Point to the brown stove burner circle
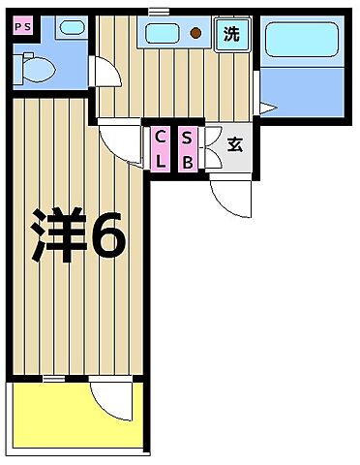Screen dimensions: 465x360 196,35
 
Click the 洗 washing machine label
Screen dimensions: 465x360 231,35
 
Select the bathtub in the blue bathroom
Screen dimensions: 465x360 301,43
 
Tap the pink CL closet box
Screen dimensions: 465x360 161,148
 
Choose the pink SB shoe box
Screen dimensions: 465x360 187,148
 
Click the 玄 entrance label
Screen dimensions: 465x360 233,146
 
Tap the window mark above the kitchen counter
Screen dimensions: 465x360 160,11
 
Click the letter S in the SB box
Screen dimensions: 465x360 187,138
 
